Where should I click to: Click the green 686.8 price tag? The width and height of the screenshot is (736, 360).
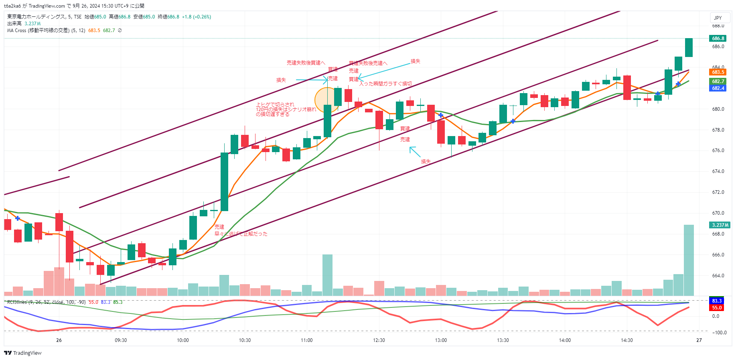(718, 39)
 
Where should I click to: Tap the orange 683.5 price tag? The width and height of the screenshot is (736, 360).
(718, 72)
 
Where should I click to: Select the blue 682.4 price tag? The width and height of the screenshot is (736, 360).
(718, 88)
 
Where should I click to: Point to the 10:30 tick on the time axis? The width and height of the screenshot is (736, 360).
(245, 340)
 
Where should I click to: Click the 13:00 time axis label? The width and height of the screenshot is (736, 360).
(441, 340)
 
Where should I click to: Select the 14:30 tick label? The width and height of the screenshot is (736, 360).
(627, 340)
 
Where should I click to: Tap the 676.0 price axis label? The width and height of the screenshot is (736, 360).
(718, 151)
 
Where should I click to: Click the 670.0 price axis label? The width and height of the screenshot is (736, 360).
(718, 213)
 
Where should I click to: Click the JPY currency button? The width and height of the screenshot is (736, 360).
(718, 18)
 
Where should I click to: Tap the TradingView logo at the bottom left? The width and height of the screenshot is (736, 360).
(23, 353)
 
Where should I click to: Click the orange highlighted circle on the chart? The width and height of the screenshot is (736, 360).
(327, 100)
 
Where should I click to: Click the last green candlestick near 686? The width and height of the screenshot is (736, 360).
(689, 47)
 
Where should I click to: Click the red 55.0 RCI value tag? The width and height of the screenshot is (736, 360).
(717, 308)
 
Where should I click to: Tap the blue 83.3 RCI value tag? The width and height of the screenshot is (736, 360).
(717, 301)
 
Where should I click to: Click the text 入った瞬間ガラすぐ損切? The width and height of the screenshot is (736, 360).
(385, 84)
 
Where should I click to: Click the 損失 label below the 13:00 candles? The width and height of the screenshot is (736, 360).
(426, 161)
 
